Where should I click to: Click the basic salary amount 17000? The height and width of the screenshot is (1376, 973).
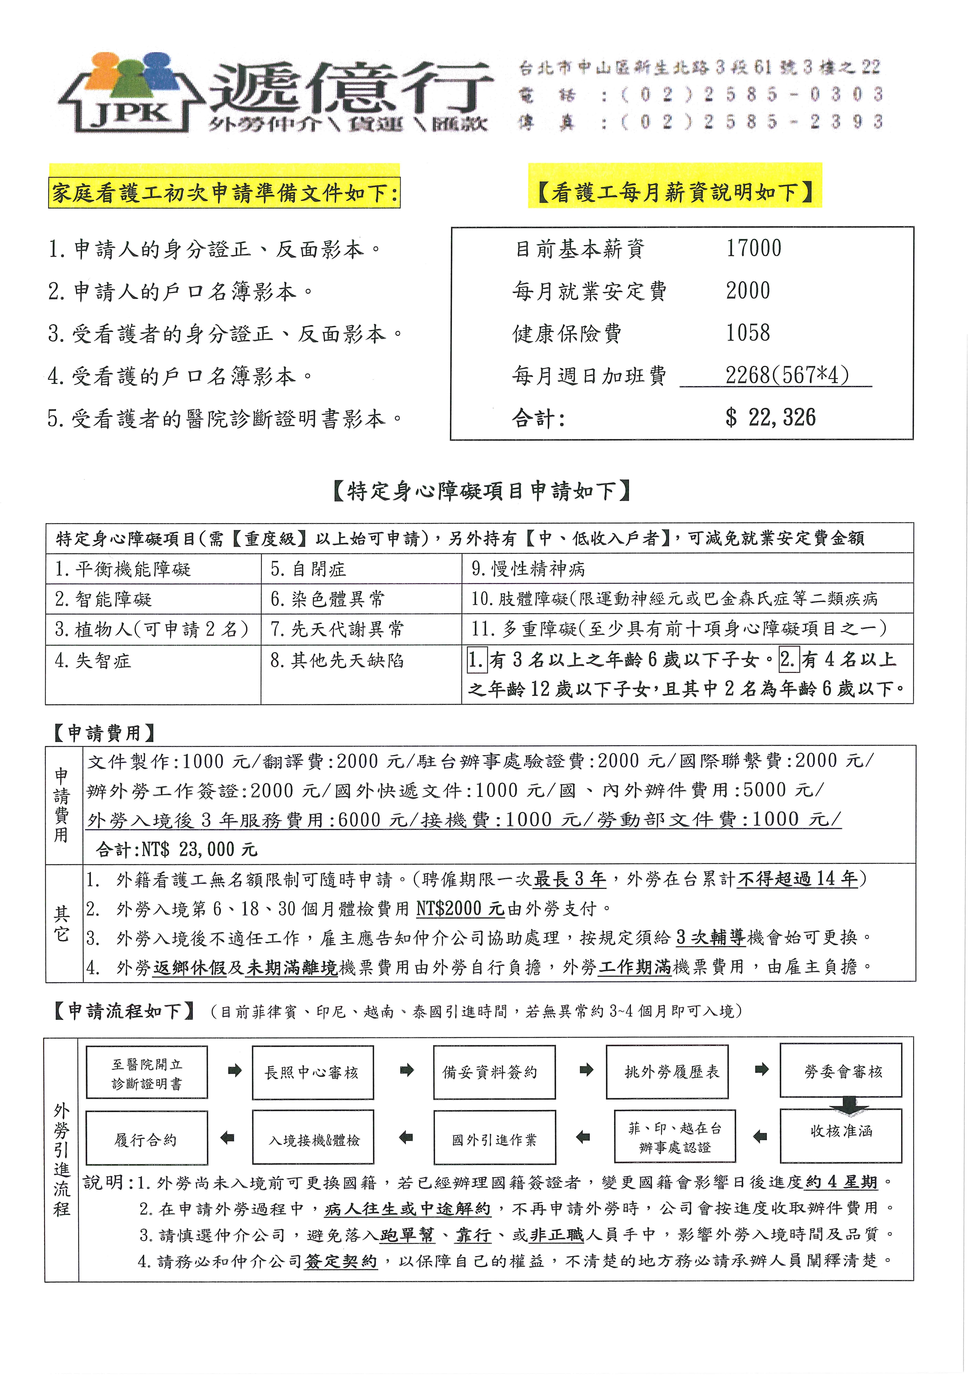click(754, 248)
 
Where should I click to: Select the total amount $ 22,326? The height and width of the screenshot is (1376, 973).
click(770, 418)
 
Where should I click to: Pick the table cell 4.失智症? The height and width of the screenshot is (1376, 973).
click(93, 661)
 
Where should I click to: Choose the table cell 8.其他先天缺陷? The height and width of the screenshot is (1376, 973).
click(337, 661)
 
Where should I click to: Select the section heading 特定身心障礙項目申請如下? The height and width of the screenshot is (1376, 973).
click(481, 491)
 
